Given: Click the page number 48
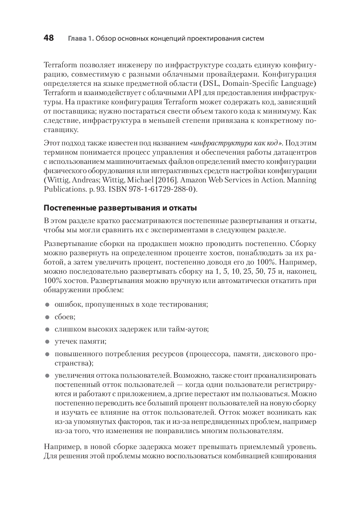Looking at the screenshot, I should pyautogui.click(x=49, y=38).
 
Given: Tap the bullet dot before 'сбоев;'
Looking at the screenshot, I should pyautogui.click(x=47, y=317).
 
